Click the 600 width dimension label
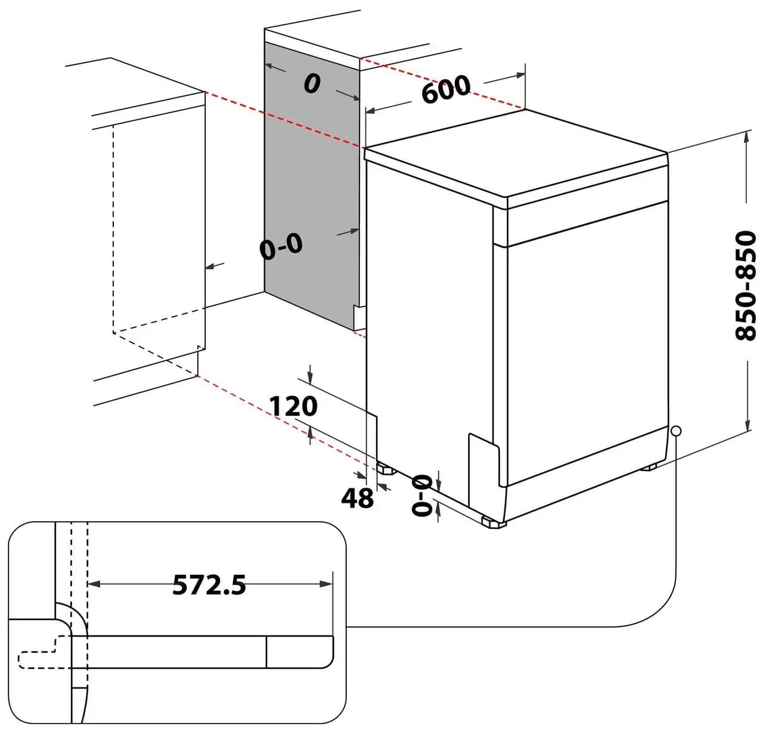446,89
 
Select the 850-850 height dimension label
745,286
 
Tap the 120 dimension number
293,406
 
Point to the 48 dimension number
357,498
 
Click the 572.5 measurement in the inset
209,585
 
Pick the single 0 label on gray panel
311,84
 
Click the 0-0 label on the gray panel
281,246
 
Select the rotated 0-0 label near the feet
422,495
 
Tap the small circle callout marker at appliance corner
675,431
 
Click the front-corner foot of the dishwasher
494,523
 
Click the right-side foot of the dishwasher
649,467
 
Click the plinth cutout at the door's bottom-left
483,459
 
